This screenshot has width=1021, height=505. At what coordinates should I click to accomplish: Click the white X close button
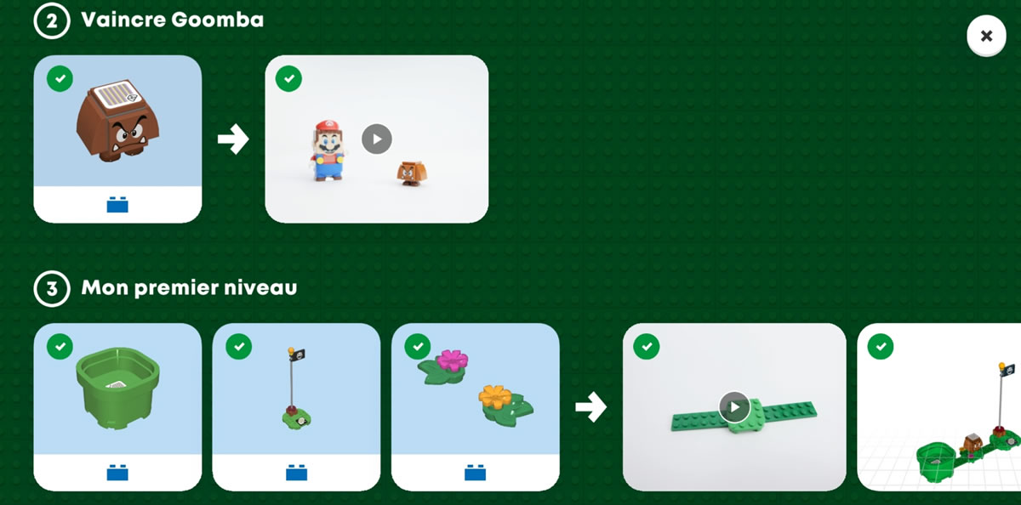[986, 36]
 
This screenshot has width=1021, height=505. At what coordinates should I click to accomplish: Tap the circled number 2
[52, 21]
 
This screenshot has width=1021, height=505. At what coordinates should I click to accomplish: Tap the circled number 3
[52, 289]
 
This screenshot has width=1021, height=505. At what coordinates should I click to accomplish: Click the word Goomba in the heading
[218, 20]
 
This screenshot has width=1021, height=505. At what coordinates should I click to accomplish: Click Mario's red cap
[328, 126]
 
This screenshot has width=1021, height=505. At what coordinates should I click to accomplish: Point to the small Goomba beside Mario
[412, 173]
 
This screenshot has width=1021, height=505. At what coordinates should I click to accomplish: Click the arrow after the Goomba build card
[233, 139]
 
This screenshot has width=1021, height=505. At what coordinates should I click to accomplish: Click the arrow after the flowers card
[590, 406]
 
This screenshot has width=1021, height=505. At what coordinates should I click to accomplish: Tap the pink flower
[452, 360]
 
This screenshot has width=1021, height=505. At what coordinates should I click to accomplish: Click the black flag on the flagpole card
[298, 355]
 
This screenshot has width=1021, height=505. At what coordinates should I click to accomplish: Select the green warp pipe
[117, 388]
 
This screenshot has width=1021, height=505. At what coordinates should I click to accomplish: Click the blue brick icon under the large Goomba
[117, 204]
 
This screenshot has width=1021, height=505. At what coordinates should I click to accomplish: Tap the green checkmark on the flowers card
[418, 347]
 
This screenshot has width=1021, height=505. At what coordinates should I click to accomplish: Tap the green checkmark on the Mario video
[288, 78]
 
